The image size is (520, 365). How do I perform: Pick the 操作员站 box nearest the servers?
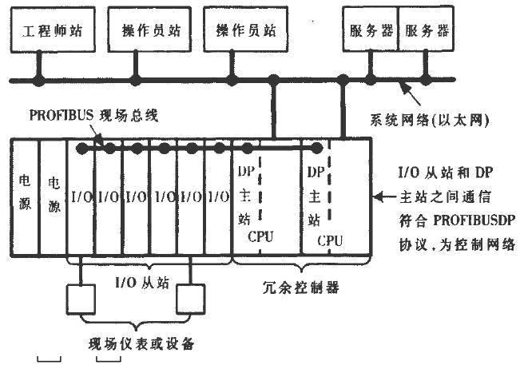(235, 31)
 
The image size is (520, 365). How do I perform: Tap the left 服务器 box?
(368, 30)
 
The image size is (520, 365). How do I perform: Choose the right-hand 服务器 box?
(425, 30)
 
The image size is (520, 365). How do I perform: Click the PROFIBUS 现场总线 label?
(94, 115)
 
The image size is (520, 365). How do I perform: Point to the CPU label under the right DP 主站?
(330, 239)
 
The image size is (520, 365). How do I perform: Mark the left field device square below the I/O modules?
(82, 300)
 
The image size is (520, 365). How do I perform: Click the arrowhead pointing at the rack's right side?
(381, 194)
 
